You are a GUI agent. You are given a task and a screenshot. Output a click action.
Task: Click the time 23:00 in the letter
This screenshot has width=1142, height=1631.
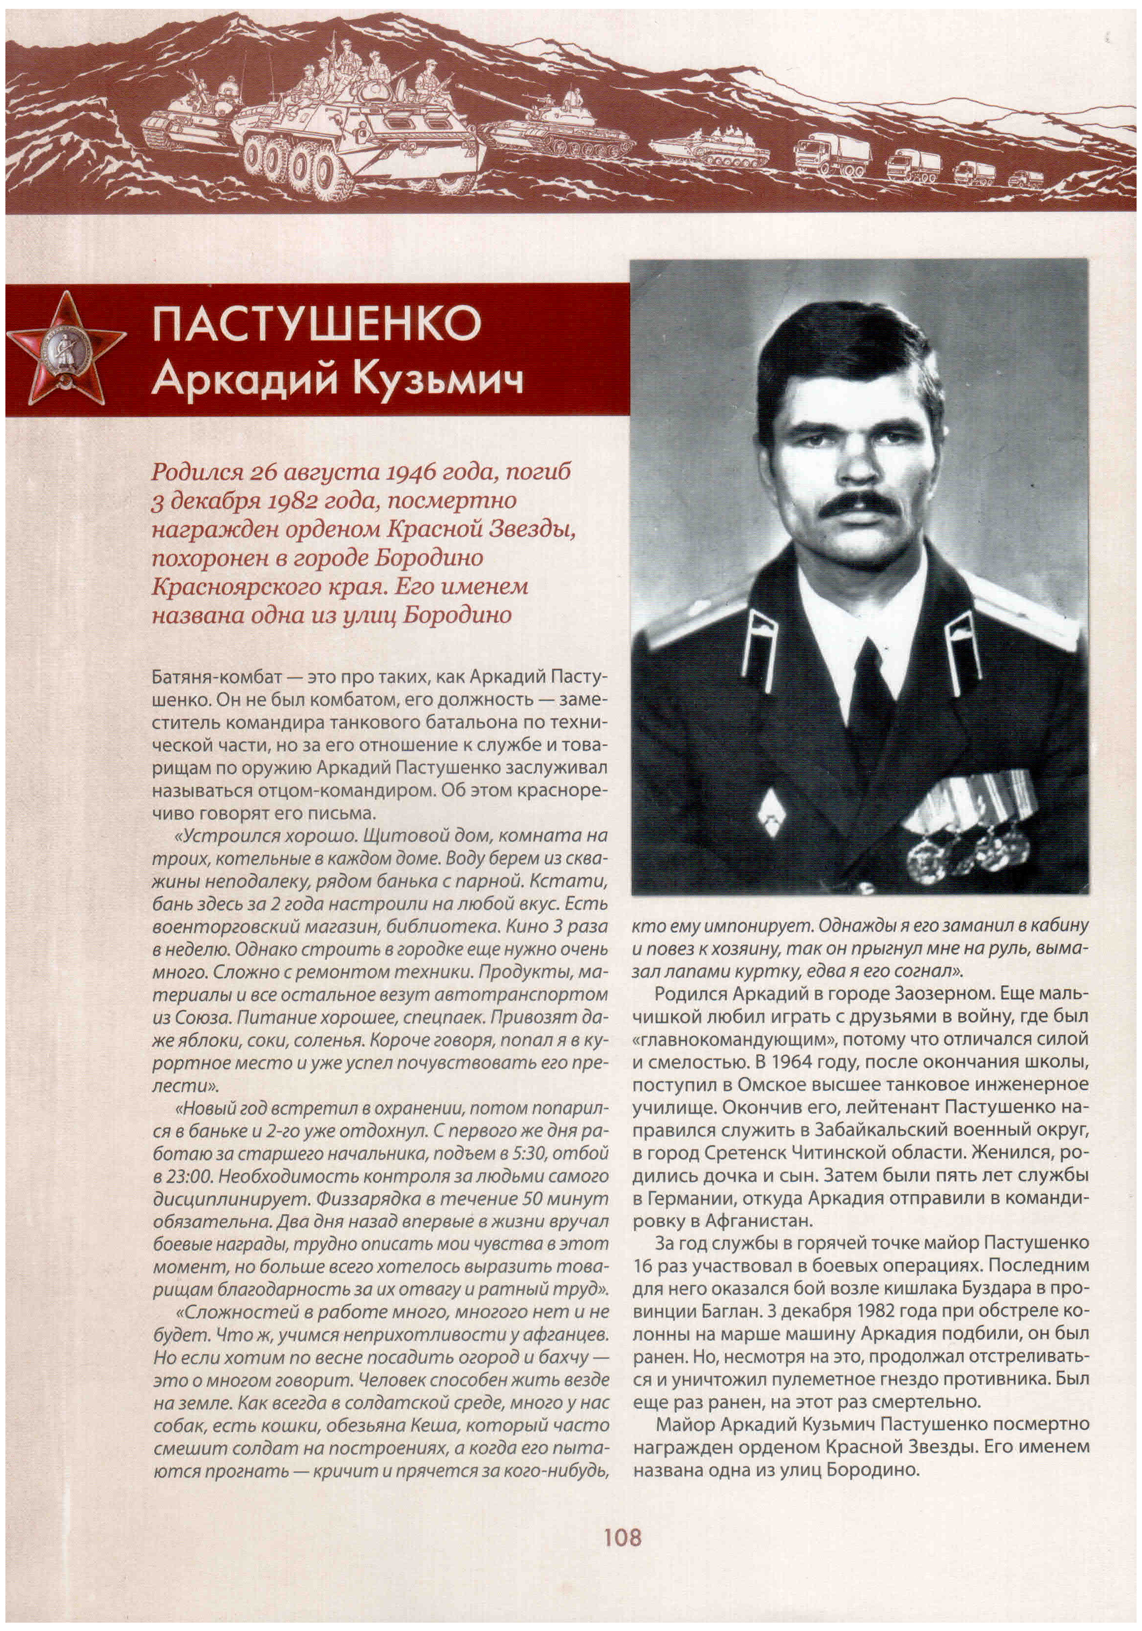pos(186,1176)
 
